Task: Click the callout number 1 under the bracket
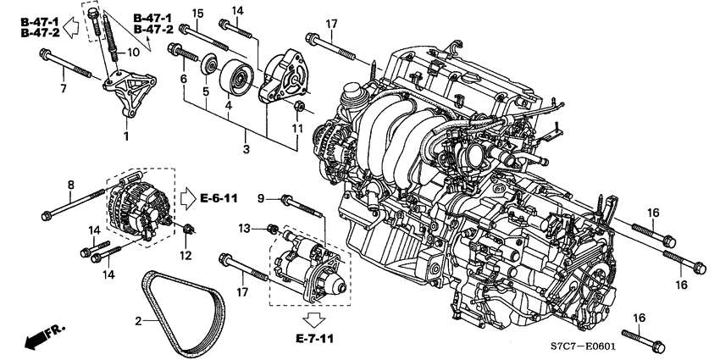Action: coord(126,136)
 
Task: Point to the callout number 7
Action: coord(63,87)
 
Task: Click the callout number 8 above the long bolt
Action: coord(71,184)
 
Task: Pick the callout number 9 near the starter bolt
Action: coord(263,198)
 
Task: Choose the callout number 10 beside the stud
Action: coord(132,53)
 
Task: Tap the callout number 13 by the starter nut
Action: coord(246,229)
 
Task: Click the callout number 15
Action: coord(197,13)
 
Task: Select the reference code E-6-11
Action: coord(219,198)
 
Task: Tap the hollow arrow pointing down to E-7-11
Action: coord(314,319)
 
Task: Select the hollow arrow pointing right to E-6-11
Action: coord(186,198)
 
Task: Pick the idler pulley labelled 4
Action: coord(235,80)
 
